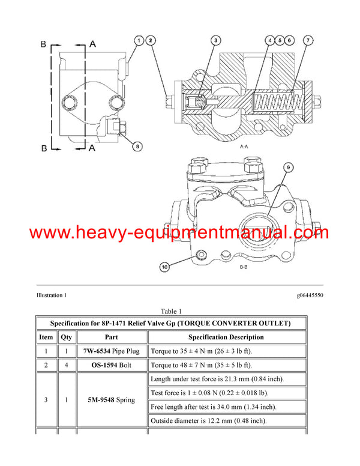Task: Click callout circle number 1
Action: pyautogui.click(x=139, y=40)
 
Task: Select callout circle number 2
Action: pyautogui.click(x=151, y=40)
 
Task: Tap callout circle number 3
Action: pyautogui.click(x=215, y=40)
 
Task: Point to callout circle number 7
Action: pyautogui.click(x=308, y=40)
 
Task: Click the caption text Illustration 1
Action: pyautogui.click(x=52, y=295)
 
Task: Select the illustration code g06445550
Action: pyautogui.click(x=310, y=295)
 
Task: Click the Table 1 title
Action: pyautogui.click(x=171, y=311)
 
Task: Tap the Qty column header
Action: pyautogui.click(x=66, y=337)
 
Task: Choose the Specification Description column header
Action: pyautogui.click(x=226, y=337)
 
